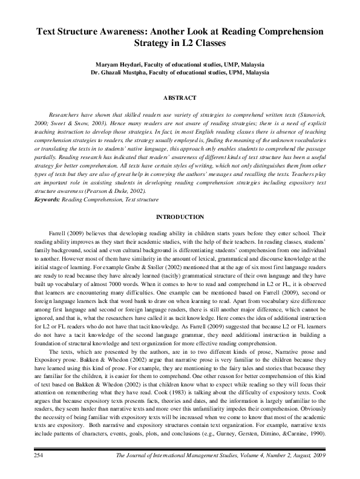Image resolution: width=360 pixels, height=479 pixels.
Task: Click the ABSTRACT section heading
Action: [x=180, y=97]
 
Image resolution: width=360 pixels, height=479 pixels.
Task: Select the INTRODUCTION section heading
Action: [x=180, y=217]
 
